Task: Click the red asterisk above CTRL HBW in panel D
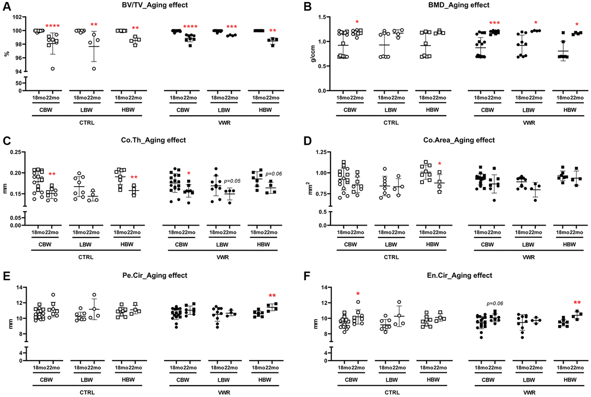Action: click(x=440, y=164)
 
